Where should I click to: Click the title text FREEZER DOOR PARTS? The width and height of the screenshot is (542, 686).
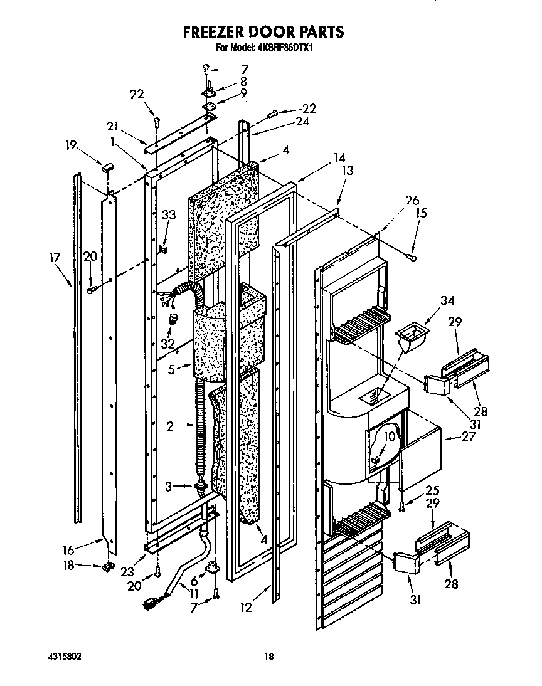click(x=263, y=31)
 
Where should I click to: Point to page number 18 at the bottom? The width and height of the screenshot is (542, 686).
click(x=268, y=657)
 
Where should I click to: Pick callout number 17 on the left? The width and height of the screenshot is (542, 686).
click(x=55, y=257)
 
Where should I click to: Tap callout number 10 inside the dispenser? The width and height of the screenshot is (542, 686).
click(x=389, y=436)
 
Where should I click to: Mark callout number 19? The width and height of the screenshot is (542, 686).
click(x=71, y=146)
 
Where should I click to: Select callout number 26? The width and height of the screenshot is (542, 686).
click(x=412, y=201)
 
